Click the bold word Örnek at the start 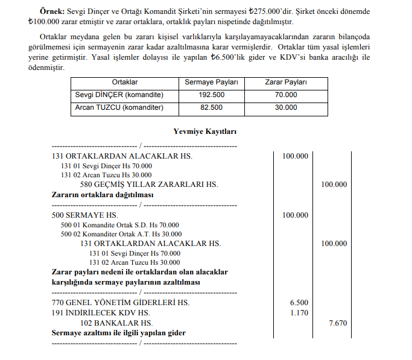click(51, 11)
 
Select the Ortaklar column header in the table click(125, 82)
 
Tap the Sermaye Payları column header click(211, 82)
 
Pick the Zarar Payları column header click(286, 82)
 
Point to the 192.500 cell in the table click(211, 95)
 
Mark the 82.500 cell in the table click(211, 107)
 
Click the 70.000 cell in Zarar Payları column click(286, 95)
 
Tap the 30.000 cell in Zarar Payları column click(286, 107)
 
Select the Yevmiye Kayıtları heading click(205, 131)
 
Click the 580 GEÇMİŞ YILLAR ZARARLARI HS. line click(149, 184)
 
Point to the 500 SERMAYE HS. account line click(85, 215)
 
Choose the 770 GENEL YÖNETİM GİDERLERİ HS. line click(120, 303)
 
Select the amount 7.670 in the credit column click(338, 323)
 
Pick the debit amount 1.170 click(299, 313)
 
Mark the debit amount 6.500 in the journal click(299, 303)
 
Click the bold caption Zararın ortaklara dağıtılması click(103, 195)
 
